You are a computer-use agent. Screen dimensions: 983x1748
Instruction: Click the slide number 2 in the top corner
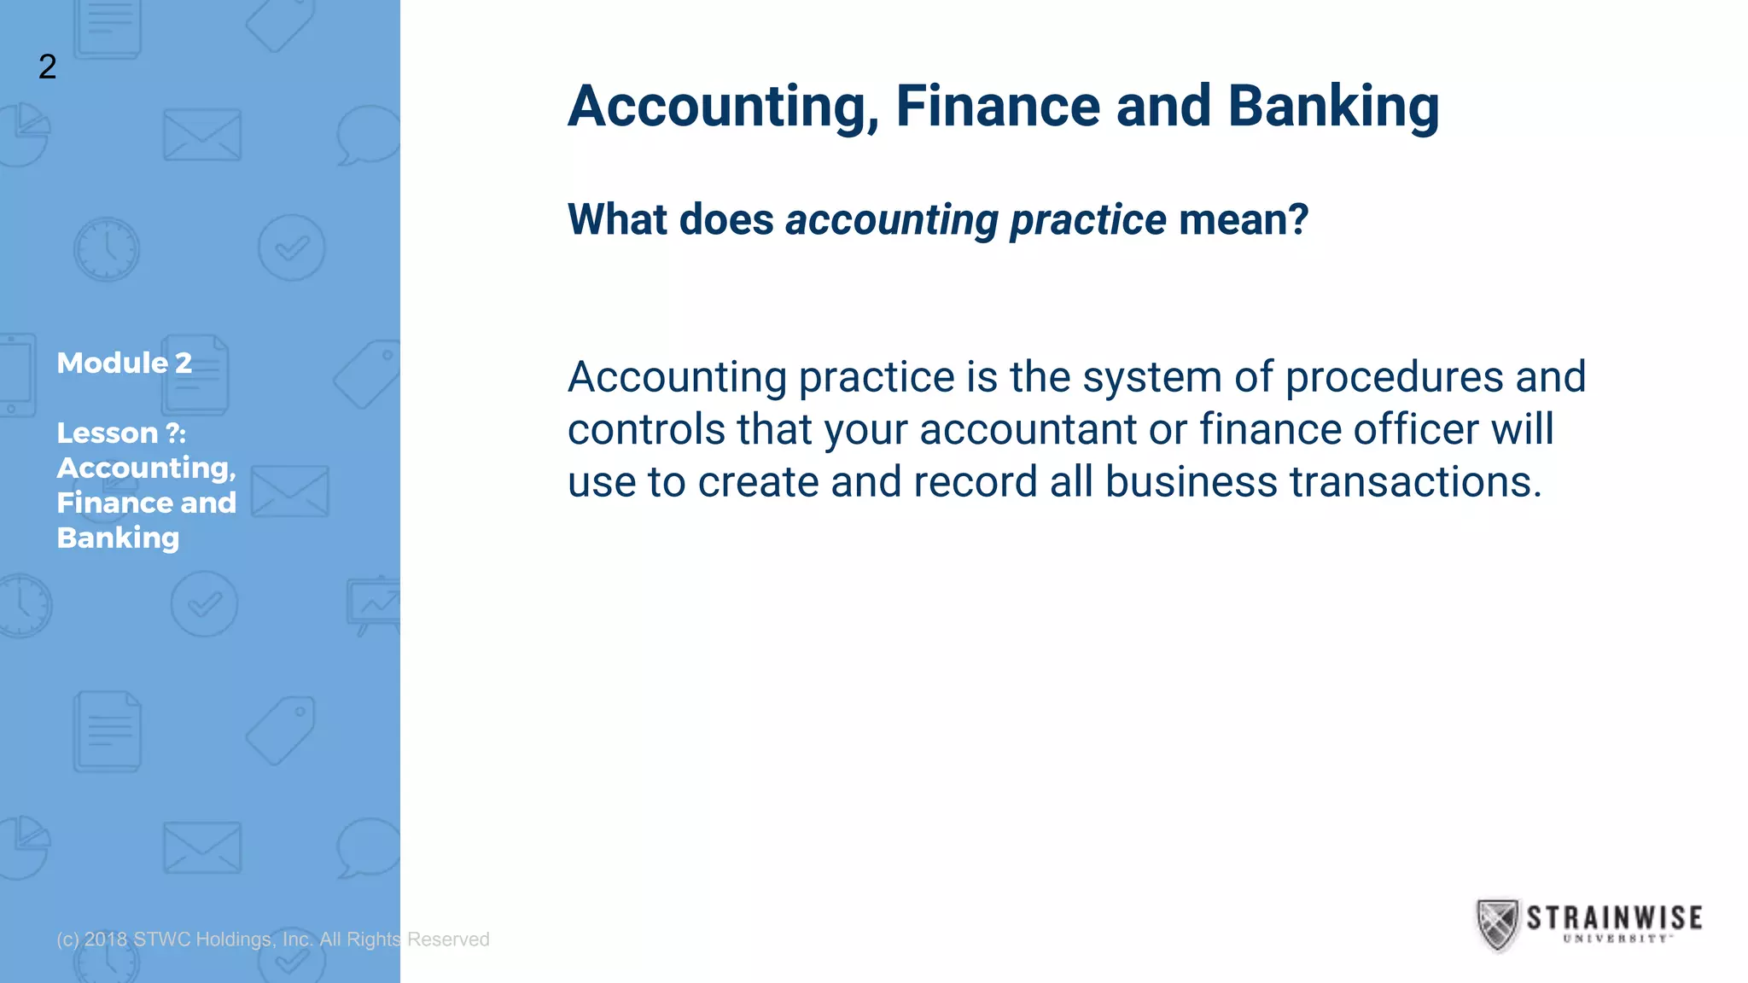[48, 67]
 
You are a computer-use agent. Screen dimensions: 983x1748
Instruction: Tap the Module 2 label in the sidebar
[124, 363]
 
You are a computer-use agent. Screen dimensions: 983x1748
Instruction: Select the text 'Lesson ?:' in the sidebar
[121, 433]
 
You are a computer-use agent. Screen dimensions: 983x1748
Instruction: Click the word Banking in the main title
[1333, 107]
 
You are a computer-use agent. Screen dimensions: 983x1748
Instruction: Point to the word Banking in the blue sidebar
[118, 538]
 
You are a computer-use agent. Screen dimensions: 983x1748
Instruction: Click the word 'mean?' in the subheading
[1243, 219]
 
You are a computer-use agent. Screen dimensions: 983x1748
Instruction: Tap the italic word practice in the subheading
[1088, 220]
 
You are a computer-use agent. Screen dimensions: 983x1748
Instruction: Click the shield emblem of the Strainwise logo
[1497, 924]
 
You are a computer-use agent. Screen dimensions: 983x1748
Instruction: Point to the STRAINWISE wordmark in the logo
[1614, 917]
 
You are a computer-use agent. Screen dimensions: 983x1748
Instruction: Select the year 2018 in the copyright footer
[106, 939]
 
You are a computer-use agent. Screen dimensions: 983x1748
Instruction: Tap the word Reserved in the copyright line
[448, 939]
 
